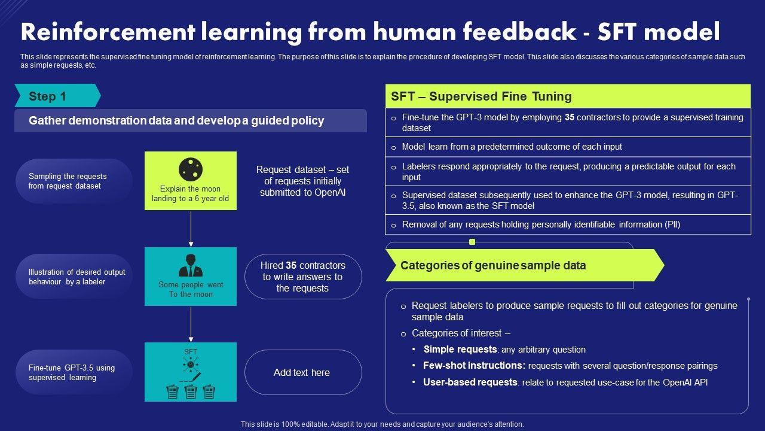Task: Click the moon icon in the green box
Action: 191,169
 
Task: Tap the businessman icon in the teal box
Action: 191,266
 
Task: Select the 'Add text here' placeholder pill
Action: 302,372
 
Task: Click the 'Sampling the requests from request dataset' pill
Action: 74,181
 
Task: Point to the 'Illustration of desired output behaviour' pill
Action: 74,277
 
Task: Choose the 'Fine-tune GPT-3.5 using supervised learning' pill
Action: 74,372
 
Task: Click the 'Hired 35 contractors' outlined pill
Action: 302,277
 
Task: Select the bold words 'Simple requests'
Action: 460,350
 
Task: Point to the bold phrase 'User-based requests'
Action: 470,382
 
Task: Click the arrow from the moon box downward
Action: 191,228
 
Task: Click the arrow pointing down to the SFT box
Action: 191,324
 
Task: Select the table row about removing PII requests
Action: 568,224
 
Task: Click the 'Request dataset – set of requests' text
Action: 302,181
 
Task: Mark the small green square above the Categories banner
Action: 472,242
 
